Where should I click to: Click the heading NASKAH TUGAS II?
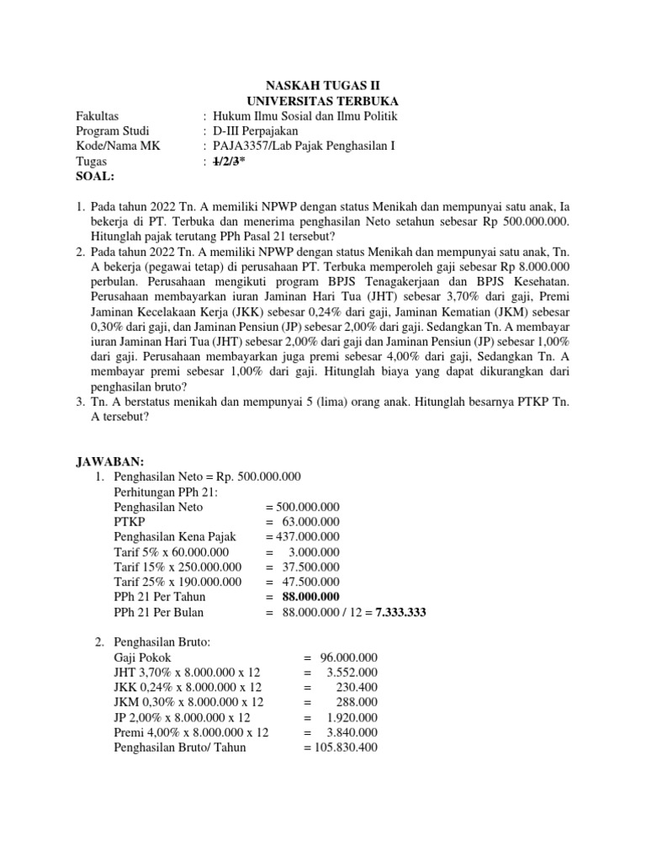click(323, 86)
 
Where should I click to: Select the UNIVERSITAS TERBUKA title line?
click(322, 101)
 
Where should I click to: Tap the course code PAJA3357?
click(244, 146)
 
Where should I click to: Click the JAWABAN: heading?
click(110, 461)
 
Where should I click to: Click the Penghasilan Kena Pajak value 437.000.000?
click(303, 536)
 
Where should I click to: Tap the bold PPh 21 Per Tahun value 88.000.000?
click(307, 597)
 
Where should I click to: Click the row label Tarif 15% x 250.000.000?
click(177, 567)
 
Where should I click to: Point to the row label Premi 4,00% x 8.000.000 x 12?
click(191, 732)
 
